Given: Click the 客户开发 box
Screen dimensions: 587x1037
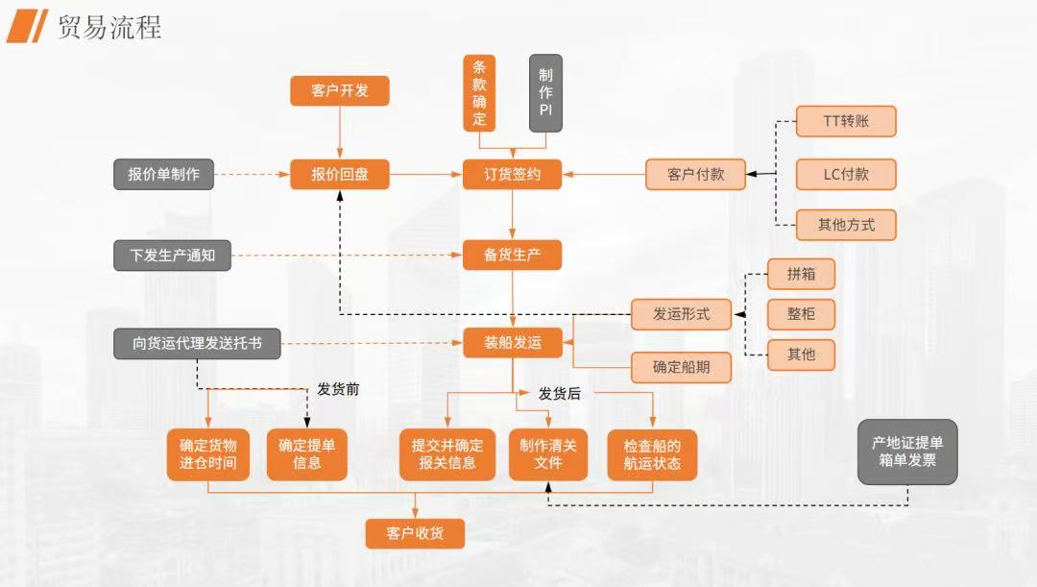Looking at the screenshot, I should (339, 91).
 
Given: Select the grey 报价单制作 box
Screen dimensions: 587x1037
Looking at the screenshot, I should (164, 175).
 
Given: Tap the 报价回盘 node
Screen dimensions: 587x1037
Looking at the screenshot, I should (339, 175).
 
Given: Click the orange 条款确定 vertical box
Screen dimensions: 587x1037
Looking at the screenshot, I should (479, 92).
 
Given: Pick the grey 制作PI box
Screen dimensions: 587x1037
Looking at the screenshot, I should (545, 92).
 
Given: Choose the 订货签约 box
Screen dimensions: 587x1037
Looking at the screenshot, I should (512, 175).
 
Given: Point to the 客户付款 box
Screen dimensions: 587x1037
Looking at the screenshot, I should (696, 175).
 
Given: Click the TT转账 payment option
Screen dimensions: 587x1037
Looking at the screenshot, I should (846, 121).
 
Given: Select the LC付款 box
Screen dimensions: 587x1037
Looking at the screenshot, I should (846, 175).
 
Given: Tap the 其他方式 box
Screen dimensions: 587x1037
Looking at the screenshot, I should (846, 225).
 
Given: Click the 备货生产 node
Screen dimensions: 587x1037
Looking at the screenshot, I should (512, 255).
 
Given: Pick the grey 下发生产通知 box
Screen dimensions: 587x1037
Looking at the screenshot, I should (173, 255).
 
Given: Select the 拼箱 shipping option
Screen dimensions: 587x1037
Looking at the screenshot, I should (801, 274).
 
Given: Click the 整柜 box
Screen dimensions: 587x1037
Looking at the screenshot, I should (801, 314).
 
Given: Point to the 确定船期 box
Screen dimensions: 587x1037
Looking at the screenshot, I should (682, 367).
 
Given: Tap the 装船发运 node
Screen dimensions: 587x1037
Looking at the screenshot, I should (512, 342).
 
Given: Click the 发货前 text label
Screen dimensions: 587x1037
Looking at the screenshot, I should (338, 389).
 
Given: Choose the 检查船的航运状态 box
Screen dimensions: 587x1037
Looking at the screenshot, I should (652, 454).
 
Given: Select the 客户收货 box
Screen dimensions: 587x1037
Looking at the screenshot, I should (415, 533).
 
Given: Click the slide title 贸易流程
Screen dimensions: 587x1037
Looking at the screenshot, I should (109, 26).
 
